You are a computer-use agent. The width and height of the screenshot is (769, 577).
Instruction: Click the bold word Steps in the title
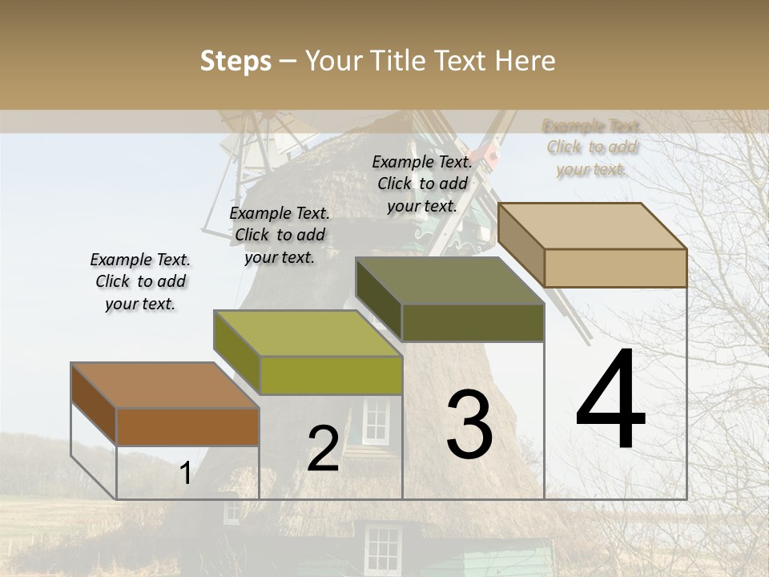click(x=236, y=61)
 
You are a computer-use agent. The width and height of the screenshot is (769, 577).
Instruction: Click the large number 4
click(x=610, y=400)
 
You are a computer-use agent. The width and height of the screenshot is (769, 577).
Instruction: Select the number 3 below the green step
click(x=469, y=424)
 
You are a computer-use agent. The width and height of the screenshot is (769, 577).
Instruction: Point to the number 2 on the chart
click(x=323, y=449)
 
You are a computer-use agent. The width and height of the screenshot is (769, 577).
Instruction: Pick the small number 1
click(x=186, y=474)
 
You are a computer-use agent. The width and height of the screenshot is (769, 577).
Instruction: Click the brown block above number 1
click(x=187, y=426)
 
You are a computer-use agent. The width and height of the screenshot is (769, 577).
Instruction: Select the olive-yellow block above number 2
click(x=330, y=374)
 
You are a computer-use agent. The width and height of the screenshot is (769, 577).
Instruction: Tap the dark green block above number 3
click(x=472, y=321)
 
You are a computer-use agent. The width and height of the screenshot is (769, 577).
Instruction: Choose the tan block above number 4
click(x=614, y=267)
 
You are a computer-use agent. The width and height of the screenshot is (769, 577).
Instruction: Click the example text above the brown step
click(x=140, y=282)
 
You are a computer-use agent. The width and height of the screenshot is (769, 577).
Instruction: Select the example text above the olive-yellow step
click(x=280, y=235)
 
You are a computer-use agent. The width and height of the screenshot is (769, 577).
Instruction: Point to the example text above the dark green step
click(x=422, y=184)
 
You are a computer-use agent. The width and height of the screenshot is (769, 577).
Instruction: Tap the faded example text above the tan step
click(x=592, y=147)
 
